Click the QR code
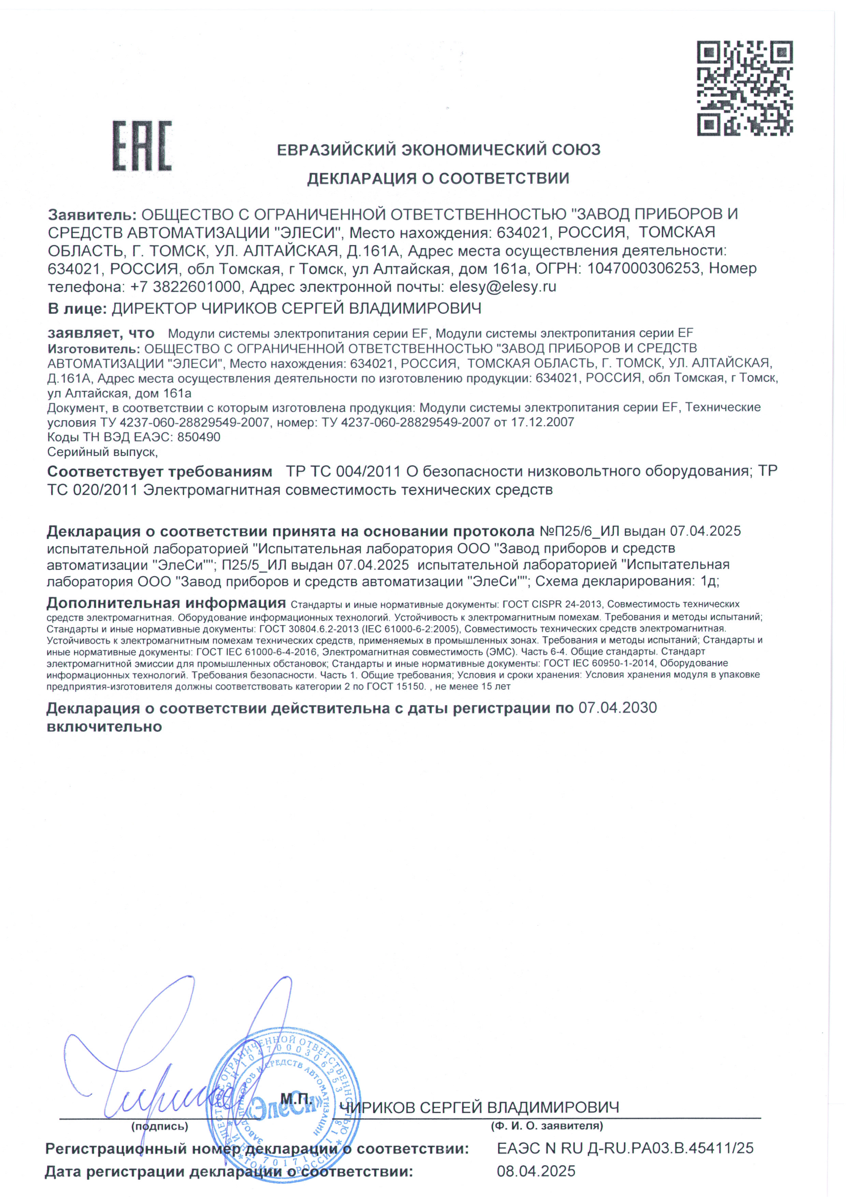[x=745, y=88]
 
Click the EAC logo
[x=142, y=146]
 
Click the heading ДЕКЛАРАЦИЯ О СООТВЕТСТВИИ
[x=438, y=179]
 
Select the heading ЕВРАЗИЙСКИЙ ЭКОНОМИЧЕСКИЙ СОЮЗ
[x=439, y=150]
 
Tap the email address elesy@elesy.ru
[x=503, y=287]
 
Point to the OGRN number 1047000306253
[x=643, y=269]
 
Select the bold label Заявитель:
[x=92, y=214]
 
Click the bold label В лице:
[x=77, y=309]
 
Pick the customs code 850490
[x=199, y=437]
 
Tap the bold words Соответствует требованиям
[x=160, y=471]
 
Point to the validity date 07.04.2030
[x=618, y=708]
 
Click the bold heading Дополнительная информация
[x=166, y=603]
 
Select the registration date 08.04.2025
[x=536, y=1171]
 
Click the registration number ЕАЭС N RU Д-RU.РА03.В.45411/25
[x=625, y=1148]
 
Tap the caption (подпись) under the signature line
[x=160, y=1126]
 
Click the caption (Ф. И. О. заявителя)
[x=547, y=1125]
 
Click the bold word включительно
[x=104, y=727]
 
